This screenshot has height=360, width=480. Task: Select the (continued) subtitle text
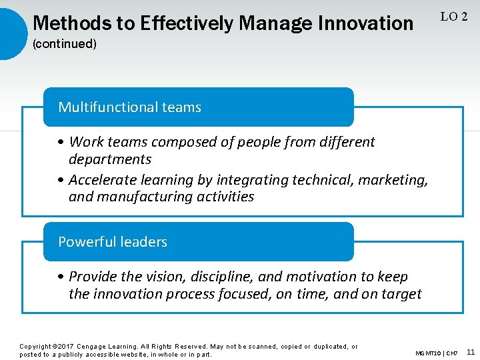point(65,44)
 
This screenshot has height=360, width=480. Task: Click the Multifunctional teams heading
point(129,107)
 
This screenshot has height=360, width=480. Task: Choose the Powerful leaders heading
point(113,242)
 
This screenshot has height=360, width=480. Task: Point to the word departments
point(110,159)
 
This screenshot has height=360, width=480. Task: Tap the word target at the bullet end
point(401,294)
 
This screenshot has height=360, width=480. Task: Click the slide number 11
point(470,352)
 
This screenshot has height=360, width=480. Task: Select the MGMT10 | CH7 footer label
point(437,353)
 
